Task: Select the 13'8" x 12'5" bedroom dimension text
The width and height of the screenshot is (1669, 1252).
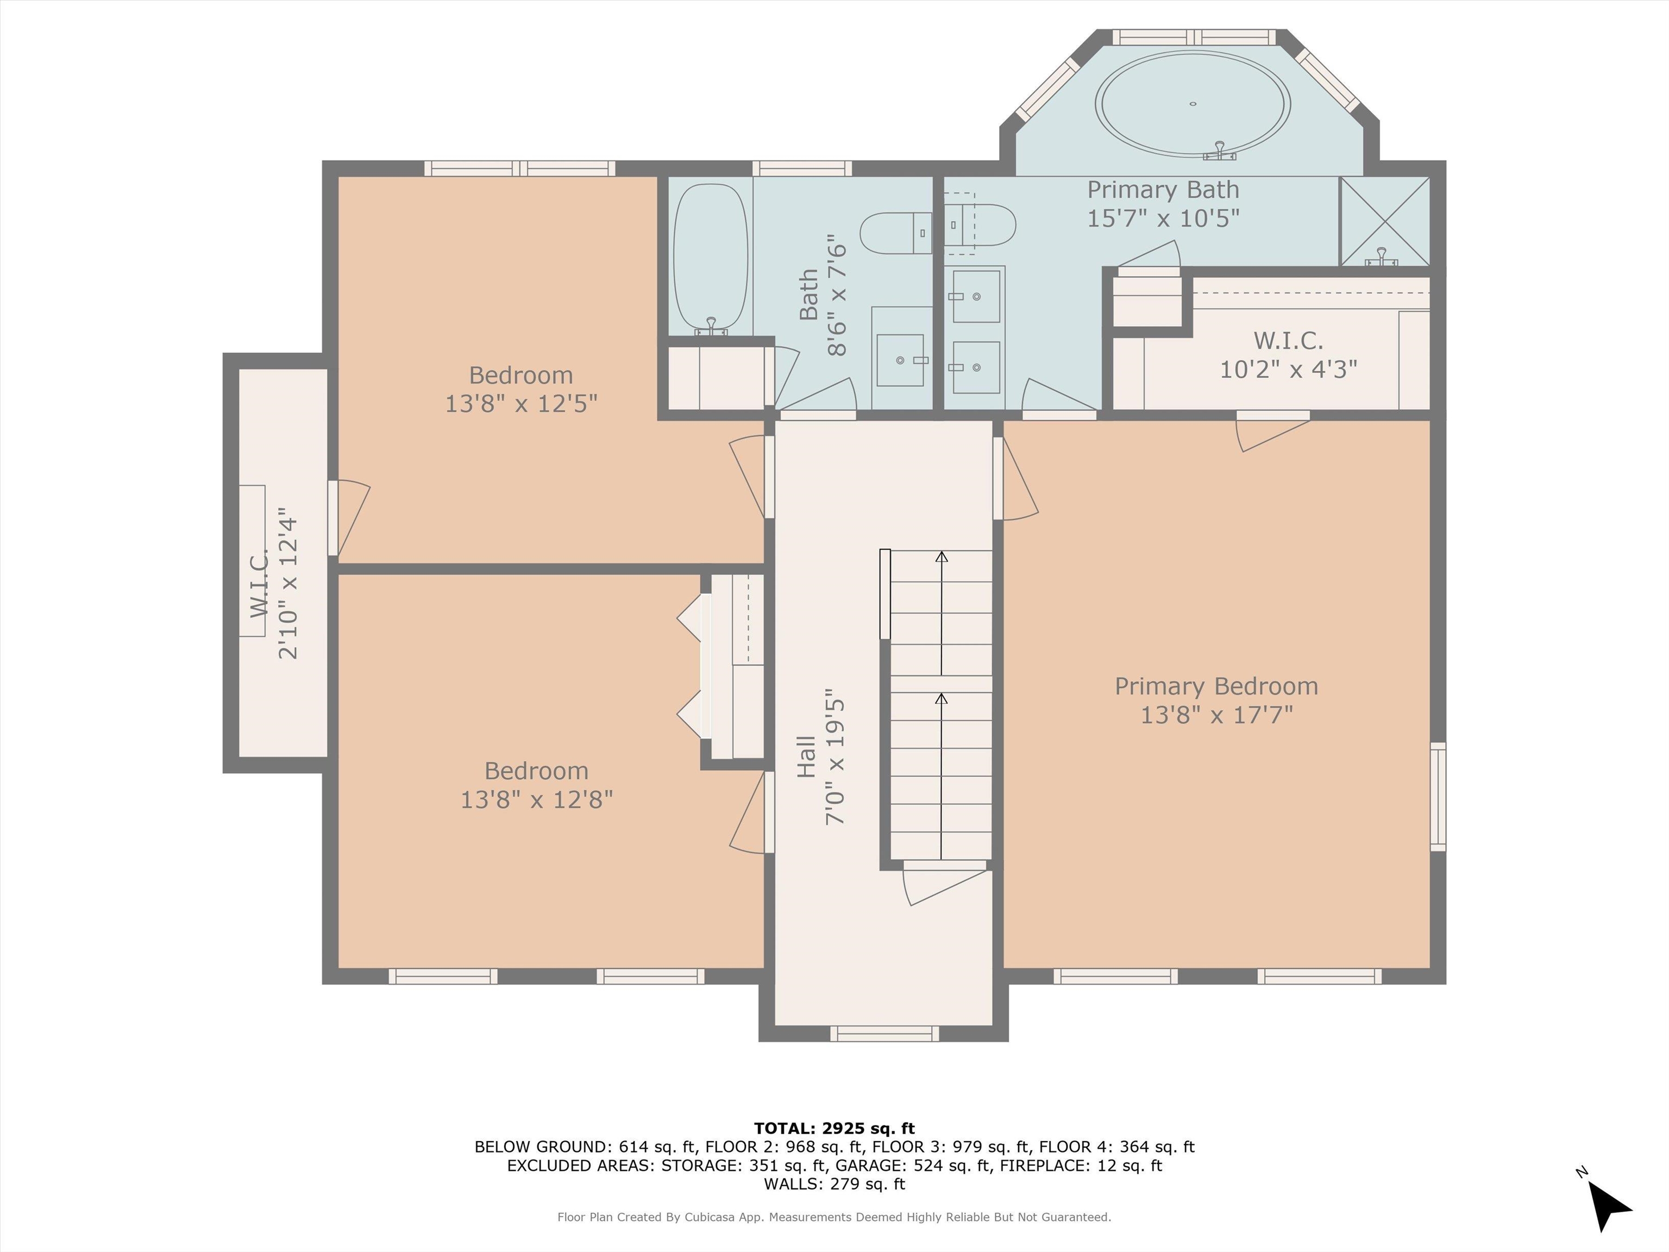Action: pos(520,404)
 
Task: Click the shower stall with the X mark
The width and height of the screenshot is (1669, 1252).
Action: pos(1384,221)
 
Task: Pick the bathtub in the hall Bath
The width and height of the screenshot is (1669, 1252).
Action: pos(711,258)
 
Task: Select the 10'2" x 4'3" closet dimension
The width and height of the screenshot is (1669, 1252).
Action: pos(1289,369)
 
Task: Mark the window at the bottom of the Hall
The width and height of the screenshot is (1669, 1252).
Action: pos(884,1033)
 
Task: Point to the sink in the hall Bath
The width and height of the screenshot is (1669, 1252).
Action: pos(901,360)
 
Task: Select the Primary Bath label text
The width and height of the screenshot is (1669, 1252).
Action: pos(1163,190)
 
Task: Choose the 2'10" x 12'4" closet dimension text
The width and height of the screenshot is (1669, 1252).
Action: pos(288,588)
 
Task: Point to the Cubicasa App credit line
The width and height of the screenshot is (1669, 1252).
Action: pos(834,1217)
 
